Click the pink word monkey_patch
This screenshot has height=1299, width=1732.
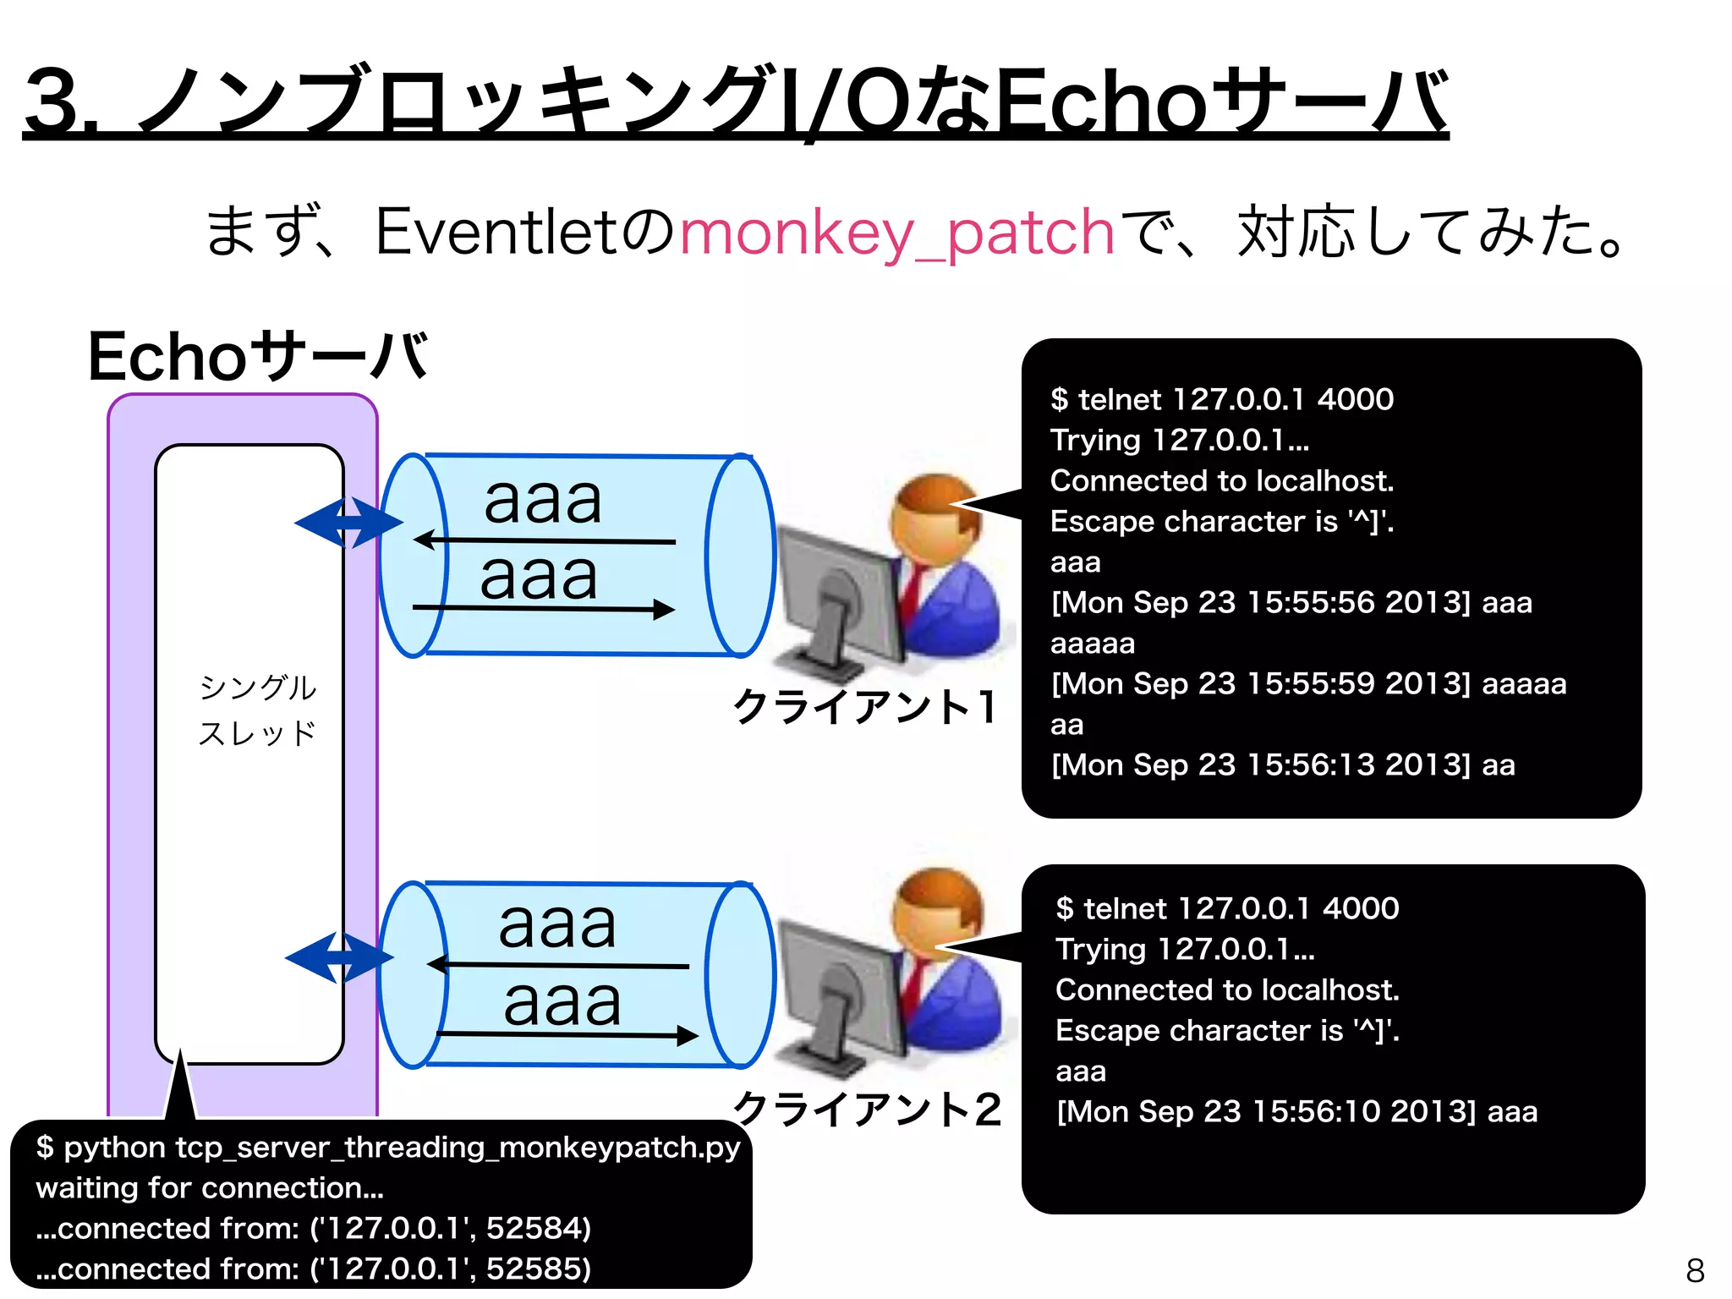[x=896, y=233]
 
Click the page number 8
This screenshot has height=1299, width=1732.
[x=1695, y=1270]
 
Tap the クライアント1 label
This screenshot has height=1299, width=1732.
[x=864, y=707]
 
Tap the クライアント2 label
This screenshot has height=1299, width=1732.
[x=866, y=1109]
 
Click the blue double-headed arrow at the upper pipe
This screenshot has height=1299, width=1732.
[x=348, y=522]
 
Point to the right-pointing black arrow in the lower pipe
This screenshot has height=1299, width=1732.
[x=567, y=1034]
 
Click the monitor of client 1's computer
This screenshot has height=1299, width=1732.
[x=837, y=592]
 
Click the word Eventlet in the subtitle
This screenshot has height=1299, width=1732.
[x=496, y=232]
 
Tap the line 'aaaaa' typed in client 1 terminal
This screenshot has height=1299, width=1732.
[x=1092, y=644]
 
